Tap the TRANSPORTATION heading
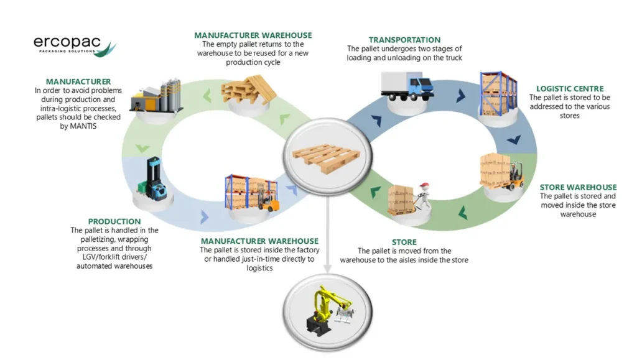coord(404,40)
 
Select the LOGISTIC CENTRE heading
coord(570,89)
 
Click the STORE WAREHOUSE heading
coord(578,187)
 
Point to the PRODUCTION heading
coord(114,221)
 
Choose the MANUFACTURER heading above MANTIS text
coord(78,81)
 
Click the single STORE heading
coord(404,242)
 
